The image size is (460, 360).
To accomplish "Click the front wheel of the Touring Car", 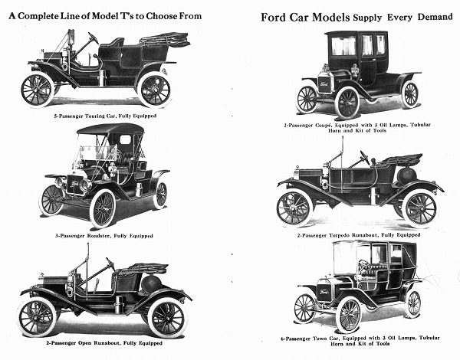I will pyautogui.click(x=37, y=89).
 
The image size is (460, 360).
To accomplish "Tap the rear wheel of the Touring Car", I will pyautogui.click(x=154, y=89).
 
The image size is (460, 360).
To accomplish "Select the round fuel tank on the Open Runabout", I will pyautogui.click(x=151, y=284).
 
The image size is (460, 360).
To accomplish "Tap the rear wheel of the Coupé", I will pyautogui.click(x=410, y=94).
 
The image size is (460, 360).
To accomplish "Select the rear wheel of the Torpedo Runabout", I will pyautogui.click(x=419, y=208).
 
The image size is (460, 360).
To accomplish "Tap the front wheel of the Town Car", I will pyautogui.click(x=305, y=307).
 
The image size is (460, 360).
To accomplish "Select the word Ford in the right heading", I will pyautogui.click(x=276, y=17).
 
